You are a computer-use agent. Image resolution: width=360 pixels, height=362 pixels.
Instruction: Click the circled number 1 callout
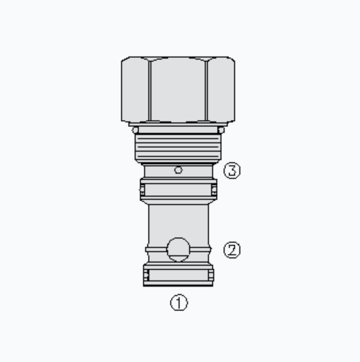179,303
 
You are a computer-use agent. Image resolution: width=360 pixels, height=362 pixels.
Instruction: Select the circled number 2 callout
232,249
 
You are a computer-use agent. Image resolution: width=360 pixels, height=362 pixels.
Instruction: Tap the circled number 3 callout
232,170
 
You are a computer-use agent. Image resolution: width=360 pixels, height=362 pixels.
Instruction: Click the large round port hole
179,249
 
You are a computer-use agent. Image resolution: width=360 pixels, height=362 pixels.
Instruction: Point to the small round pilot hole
179,169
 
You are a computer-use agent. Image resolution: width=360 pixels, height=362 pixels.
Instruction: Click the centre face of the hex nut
178,90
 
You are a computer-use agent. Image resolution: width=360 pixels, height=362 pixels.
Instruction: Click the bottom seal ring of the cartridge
179,275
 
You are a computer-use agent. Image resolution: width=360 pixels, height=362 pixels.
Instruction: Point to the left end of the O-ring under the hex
135,130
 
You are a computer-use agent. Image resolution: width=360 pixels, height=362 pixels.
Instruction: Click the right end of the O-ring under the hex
221,130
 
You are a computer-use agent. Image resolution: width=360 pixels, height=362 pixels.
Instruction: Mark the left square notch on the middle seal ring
142,188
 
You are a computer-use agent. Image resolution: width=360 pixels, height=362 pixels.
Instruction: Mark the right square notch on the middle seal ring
214,188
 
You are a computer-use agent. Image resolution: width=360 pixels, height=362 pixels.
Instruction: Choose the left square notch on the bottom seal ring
146,276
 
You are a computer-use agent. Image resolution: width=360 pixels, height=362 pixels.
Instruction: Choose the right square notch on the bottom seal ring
211,276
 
